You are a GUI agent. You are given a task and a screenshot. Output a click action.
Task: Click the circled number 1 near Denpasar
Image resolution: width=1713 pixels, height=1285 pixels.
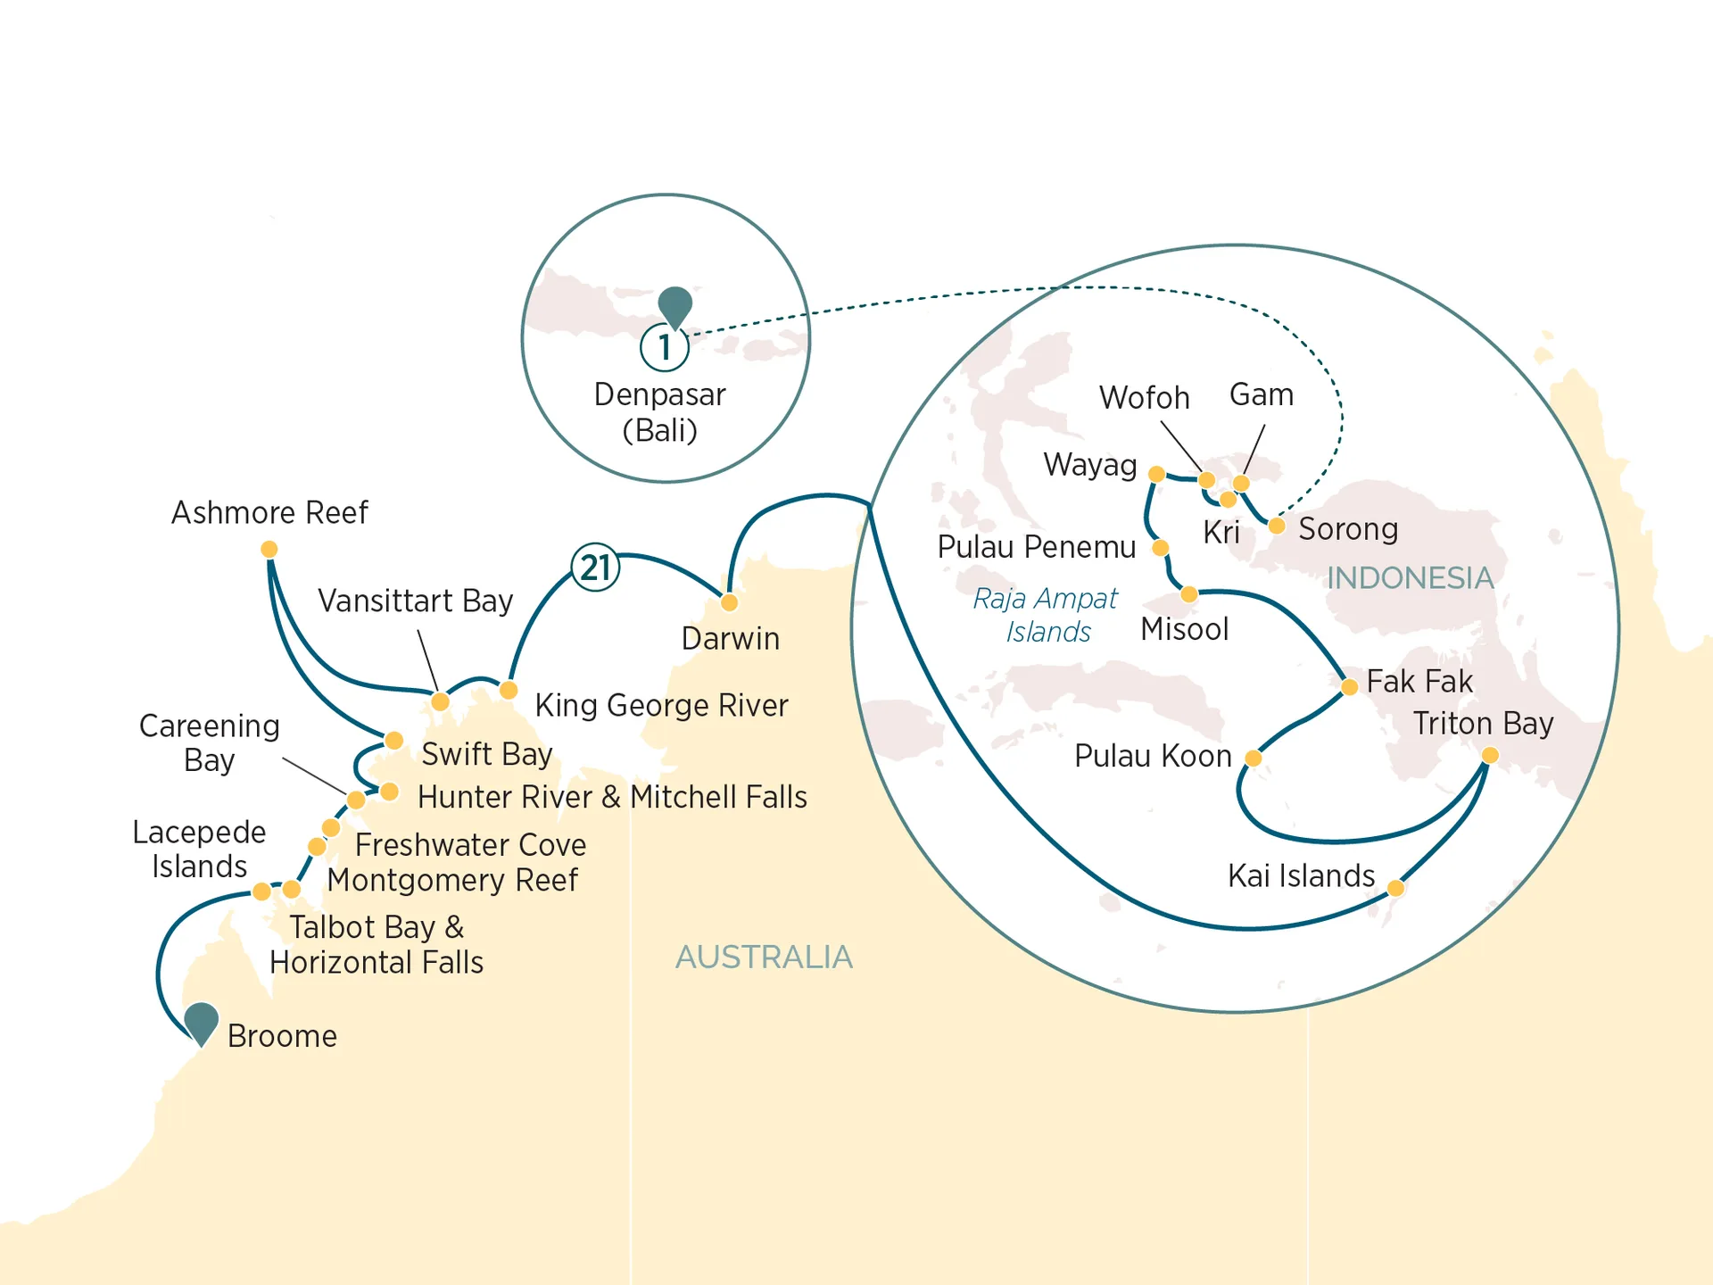pos(665,347)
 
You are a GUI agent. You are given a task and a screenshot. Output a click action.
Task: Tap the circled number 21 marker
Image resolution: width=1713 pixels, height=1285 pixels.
pos(595,568)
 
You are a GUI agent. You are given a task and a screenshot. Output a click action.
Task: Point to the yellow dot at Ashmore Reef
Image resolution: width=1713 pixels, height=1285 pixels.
pos(269,549)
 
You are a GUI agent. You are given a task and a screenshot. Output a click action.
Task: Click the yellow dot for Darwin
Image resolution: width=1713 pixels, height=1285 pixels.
pos(729,602)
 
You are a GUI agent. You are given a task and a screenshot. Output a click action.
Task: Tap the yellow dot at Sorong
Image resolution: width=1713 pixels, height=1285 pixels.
pos(1277,526)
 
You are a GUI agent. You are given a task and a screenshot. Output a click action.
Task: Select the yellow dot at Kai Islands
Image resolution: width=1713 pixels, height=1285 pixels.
pos(1396,888)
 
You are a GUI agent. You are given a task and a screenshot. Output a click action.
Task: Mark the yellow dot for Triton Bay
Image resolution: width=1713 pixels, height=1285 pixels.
pos(1489,756)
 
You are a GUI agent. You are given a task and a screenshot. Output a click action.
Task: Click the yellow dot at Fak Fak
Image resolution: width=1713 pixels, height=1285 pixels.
pos(1349,686)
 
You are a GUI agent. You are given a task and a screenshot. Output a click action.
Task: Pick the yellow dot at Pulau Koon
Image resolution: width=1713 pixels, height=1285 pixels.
pos(1253,759)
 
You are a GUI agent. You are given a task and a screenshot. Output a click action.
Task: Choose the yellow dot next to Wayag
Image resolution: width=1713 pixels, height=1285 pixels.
pos(1156,474)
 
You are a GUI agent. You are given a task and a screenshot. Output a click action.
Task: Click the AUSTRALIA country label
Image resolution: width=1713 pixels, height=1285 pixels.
pos(764,958)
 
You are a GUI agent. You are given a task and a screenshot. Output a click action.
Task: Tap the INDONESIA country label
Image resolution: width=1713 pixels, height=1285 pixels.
pos(1410,578)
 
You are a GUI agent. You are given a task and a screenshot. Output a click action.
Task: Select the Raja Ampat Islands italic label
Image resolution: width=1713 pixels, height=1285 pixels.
pos(1046,615)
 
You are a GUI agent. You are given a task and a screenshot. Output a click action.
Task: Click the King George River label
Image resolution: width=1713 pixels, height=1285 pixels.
pos(661,706)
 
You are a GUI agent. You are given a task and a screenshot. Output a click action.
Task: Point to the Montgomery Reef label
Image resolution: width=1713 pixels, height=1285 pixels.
pos(452,881)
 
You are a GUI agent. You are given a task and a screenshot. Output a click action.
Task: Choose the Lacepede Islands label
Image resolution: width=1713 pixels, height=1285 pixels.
pos(199,849)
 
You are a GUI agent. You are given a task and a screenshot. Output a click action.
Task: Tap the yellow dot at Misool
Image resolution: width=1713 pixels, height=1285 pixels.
pos(1188,594)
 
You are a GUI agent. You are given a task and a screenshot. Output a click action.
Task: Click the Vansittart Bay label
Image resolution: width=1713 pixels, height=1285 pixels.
pos(416,601)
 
